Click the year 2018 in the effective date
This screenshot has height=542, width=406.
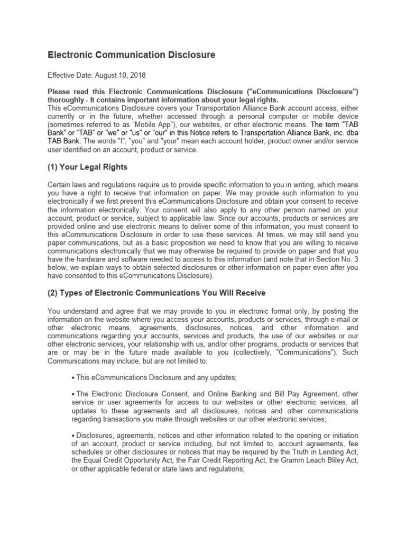137,76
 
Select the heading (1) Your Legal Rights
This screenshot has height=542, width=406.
88,167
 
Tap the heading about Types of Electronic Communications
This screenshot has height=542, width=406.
156,293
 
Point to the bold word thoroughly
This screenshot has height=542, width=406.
67,100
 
